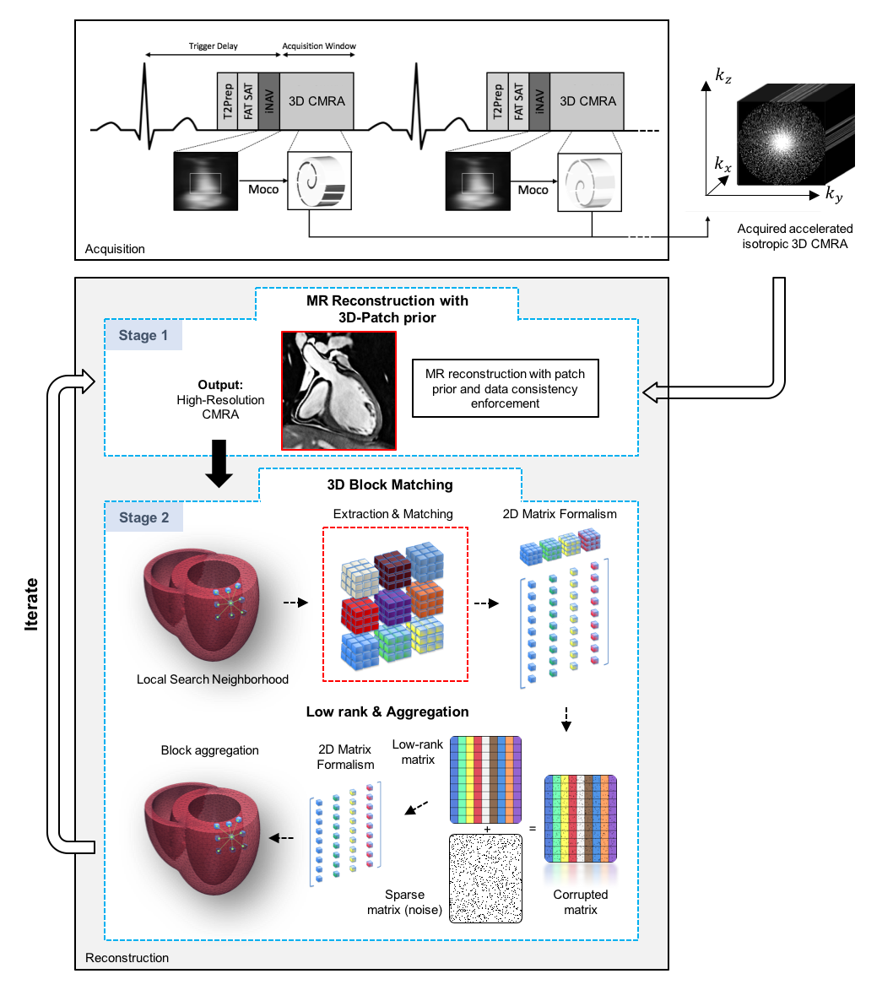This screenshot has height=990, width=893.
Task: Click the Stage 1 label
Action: point(143,335)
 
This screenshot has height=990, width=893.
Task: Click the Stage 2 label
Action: point(143,517)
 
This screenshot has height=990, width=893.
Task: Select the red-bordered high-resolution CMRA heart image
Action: point(338,389)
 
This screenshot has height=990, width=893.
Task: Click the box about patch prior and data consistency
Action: point(505,389)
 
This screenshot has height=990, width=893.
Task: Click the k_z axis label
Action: point(723,76)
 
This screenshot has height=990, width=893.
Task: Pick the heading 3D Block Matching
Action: point(390,484)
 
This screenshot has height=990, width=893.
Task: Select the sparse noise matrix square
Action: point(485,877)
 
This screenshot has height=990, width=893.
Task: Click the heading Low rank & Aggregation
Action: point(387,711)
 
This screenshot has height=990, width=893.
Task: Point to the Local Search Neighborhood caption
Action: point(213,679)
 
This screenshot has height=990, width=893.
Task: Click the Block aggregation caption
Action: point(210,749)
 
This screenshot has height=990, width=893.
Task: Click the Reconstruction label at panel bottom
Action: point(127,957)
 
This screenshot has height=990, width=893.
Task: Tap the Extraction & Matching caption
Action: point(393,513)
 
